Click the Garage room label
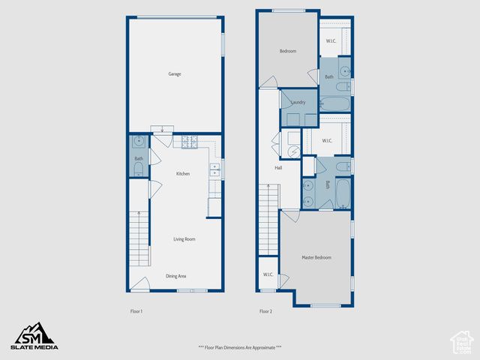pos(174,74)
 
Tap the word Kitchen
pos(182,174)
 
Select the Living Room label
pos(184,239)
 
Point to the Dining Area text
pos(176,276)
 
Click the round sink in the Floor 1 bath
pos(139,141)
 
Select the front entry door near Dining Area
pos(139,284)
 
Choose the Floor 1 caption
pos(136,311)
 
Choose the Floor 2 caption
pos(265,311)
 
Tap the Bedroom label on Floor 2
pos(288,51)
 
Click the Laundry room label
pos(298,101)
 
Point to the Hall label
pos(278,168)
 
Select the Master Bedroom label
pos(316,257)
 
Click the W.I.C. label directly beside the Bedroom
pos(331,41)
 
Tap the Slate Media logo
pos(33,336)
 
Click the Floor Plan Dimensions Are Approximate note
pos(240,347)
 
